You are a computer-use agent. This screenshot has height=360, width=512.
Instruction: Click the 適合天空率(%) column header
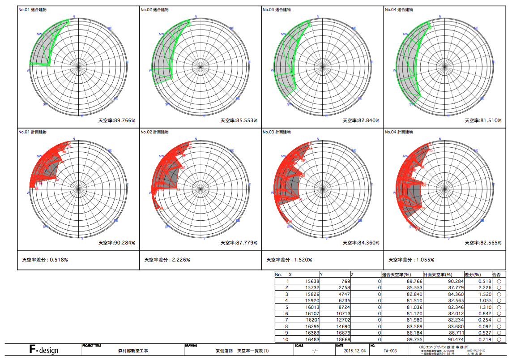[x=397, y=274]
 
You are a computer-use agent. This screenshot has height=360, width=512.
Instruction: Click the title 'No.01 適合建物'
[x=32, y=9]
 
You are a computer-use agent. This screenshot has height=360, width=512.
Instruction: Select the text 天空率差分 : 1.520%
[x=289, y=260]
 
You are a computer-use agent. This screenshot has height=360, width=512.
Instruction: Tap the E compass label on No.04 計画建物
[x=494, y=184]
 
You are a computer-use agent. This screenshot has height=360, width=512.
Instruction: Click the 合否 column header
[x=496, y=274]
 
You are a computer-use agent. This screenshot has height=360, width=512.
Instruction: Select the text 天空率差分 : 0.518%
[x=45, y=260]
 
